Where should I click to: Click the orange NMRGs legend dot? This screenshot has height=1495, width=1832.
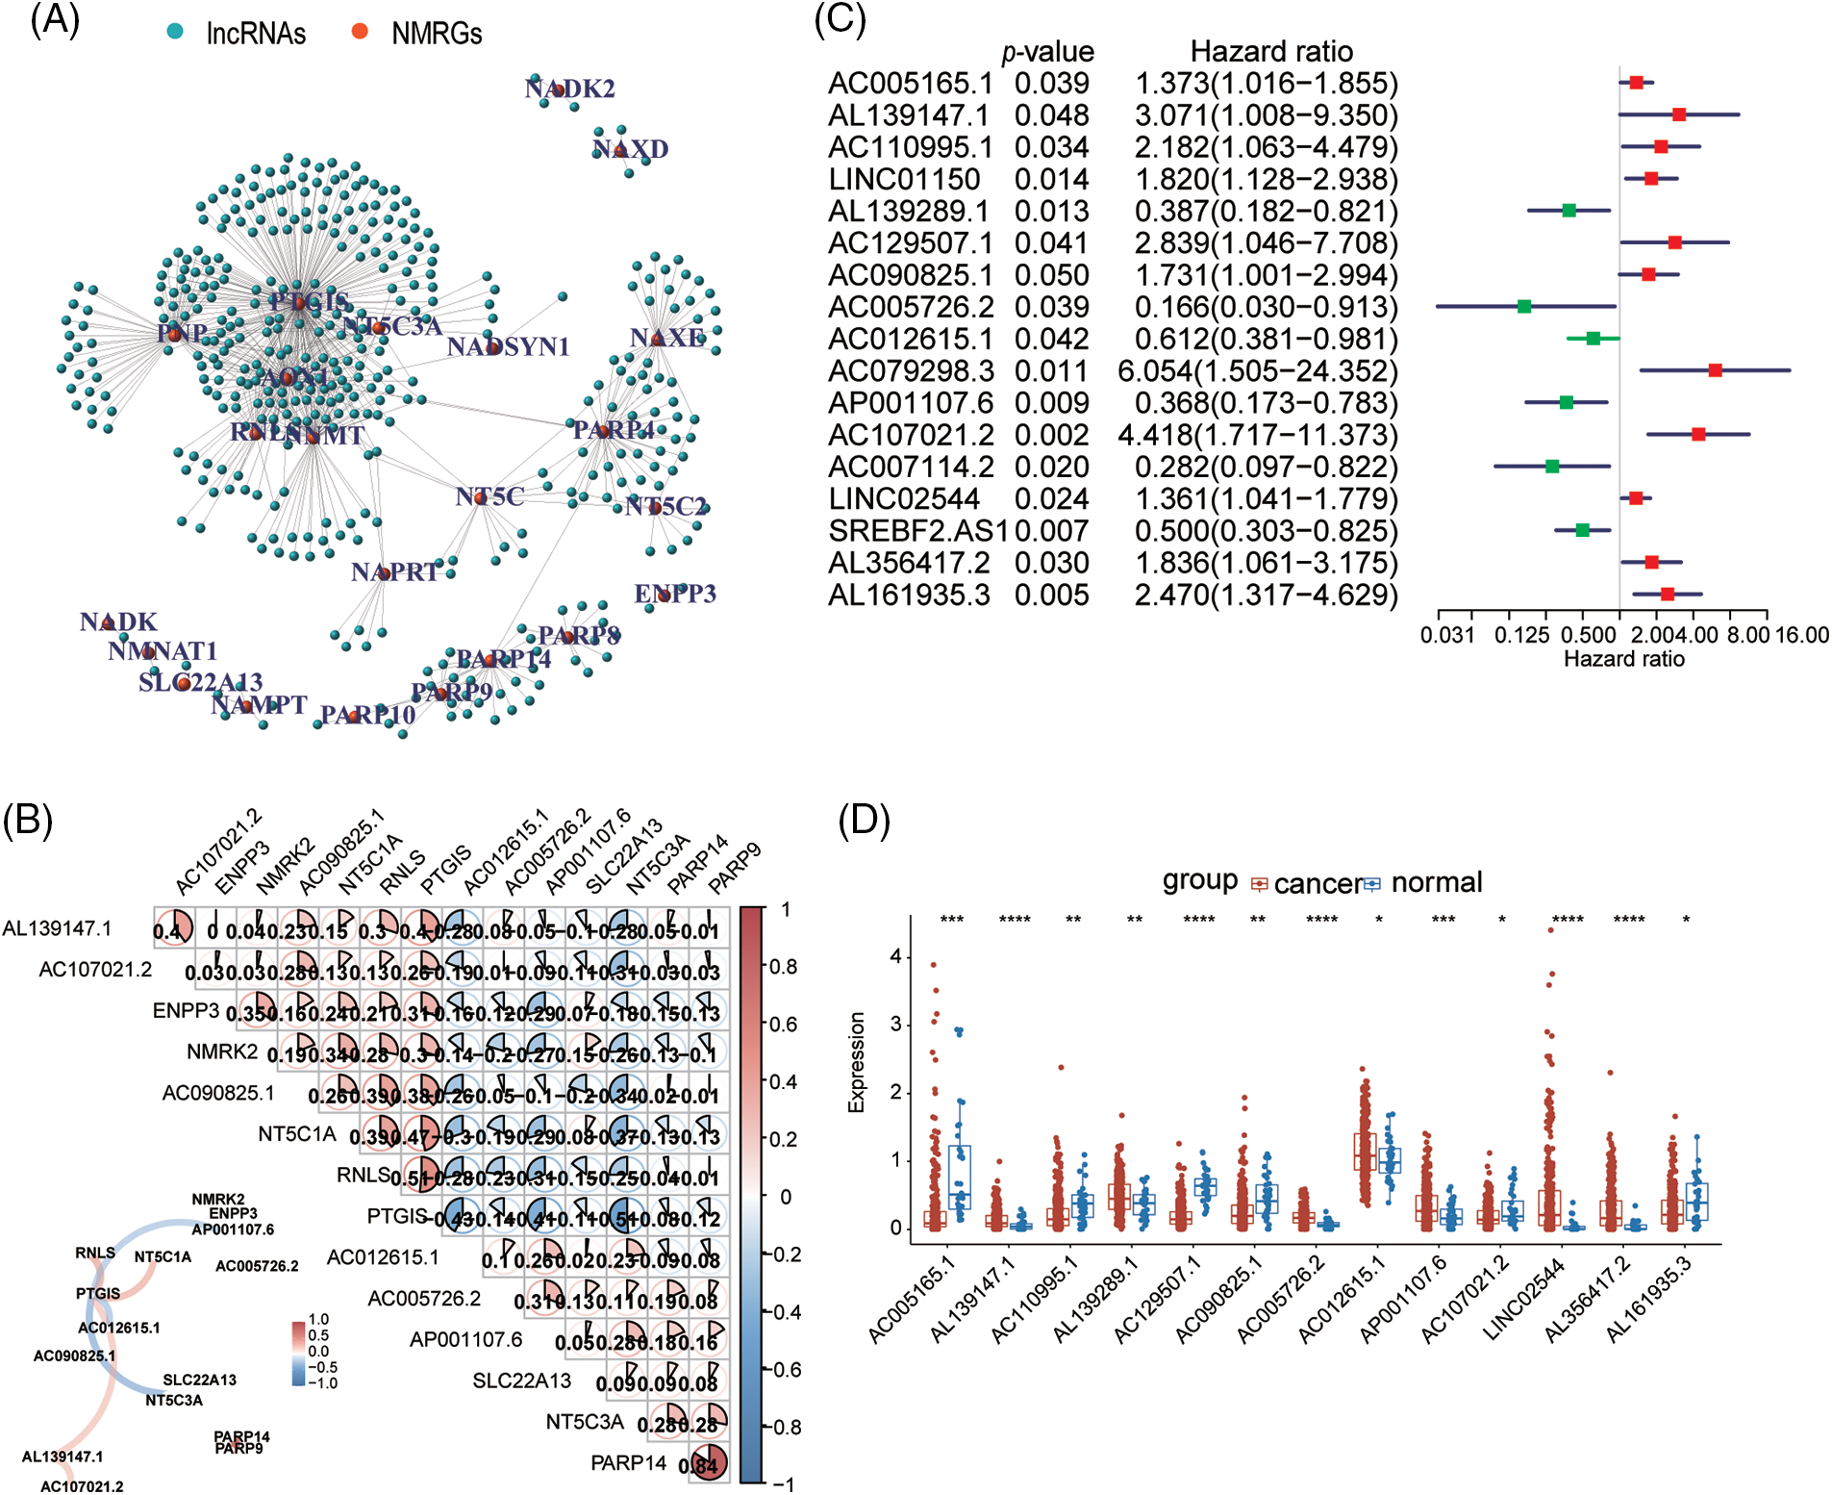pos(360,31)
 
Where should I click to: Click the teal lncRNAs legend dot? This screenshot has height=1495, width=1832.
pos(174,31)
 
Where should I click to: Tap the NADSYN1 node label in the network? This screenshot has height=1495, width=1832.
pos(508,346)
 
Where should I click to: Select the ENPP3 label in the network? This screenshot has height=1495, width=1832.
pos(675,594)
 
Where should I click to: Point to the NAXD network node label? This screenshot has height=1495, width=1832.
pos(630,149)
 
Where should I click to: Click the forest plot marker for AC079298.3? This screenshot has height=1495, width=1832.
pos(1715,370)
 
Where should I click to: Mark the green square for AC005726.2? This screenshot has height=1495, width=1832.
pos(1524,307)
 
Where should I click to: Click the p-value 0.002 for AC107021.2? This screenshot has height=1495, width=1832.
pos(1051,435)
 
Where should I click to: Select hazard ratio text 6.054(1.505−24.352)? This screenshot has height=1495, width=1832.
pos(1258,371)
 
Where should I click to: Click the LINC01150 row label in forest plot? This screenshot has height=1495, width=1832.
pos(904,179)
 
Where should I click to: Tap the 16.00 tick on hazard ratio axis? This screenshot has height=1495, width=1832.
pos(1801,635)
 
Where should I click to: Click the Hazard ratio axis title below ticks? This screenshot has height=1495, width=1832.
pos(1623,659)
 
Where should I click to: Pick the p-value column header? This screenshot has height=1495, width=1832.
pos(1047,52)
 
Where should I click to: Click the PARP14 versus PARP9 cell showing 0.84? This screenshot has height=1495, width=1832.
pos(708,1464)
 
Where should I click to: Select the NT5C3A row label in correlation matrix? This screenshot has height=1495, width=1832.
pos(585,1422)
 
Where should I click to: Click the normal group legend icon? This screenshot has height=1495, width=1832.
pos(1371,883)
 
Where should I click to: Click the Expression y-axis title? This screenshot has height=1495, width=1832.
pos(856,1062)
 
